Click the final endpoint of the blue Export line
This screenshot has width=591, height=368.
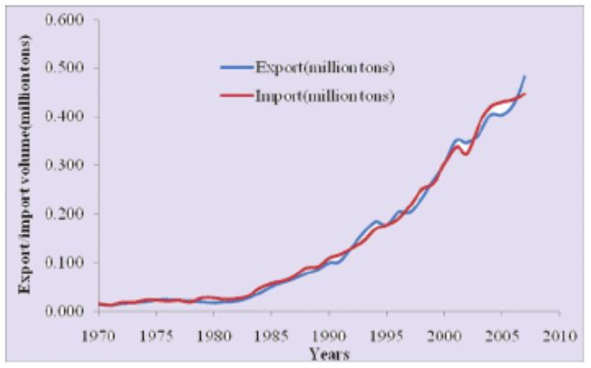[525, 77]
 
